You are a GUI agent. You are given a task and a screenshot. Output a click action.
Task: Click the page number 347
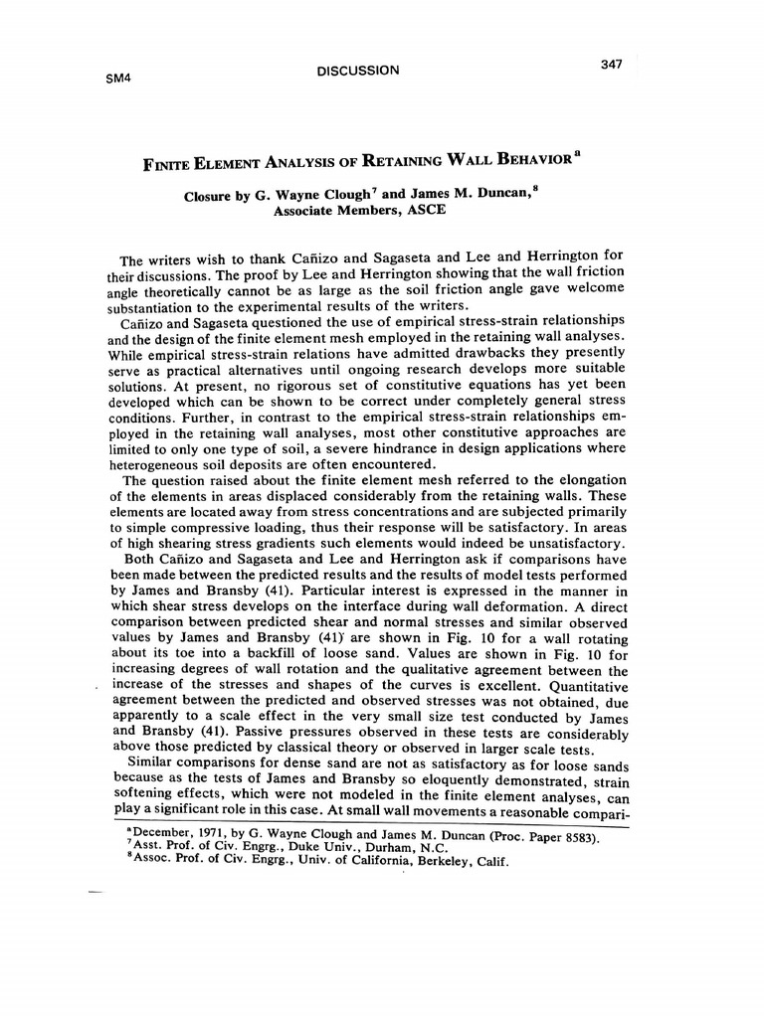click(x=611, y=65)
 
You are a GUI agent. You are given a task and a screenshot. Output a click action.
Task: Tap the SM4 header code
click(x=118, y=79)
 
